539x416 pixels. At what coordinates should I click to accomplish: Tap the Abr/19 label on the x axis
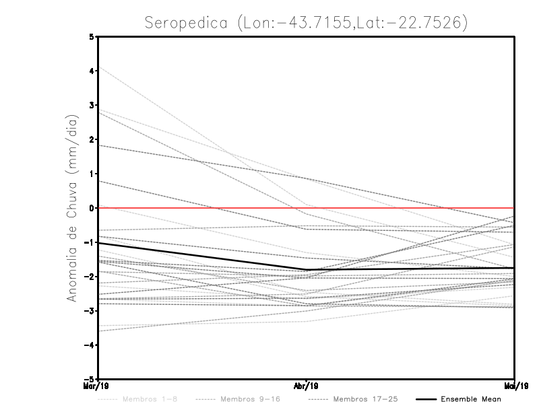click(x=307, y=386)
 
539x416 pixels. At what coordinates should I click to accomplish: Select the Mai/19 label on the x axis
click(x=515, y=386)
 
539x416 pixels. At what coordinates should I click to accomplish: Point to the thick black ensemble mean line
click(x=202, y=256)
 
